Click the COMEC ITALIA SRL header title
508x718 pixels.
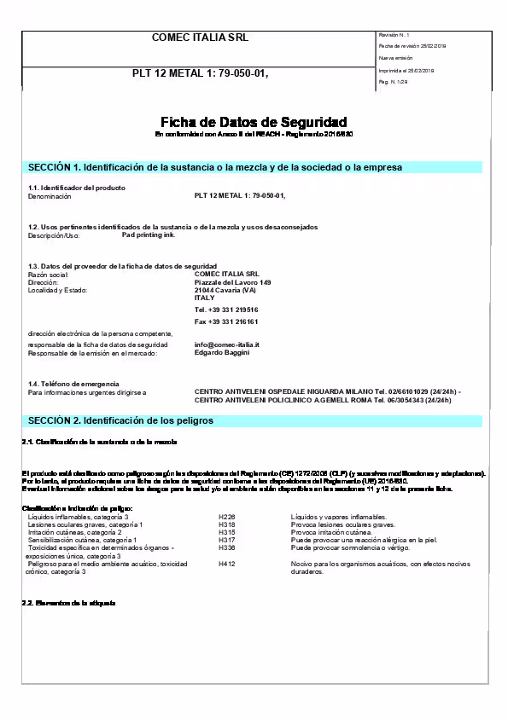[x=200, y=38]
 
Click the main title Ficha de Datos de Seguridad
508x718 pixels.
[x=254, y=123]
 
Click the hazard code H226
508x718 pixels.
[x=226, y=517]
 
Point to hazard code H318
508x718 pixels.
[x=226, y=524]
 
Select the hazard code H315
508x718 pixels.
[x=226, y=532]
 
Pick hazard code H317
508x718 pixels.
[x=226, y=540]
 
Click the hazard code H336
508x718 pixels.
[x=226, y=548]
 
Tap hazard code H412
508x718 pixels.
[x=226, y=564]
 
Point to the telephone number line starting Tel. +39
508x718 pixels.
[x=226, y=310]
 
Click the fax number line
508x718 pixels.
[x=226, y=321]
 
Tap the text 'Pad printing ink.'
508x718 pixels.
[x=149, y=235]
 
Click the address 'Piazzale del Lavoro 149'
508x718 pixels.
[x=233, y=282]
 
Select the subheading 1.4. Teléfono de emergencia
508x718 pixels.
[x=73, y=384]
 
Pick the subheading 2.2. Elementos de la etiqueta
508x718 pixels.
[x=67, y=603]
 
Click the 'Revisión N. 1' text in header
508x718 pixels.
[x=394, y=34]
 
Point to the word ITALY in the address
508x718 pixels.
[x=205, y=298]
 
